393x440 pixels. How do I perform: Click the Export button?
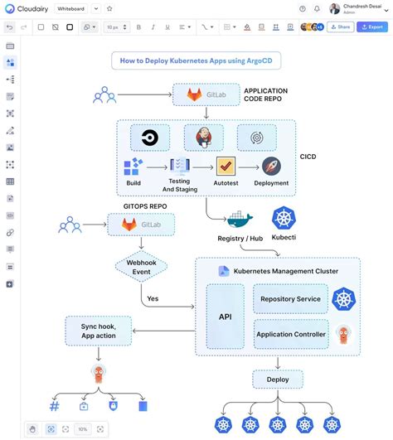[x=371, y=27]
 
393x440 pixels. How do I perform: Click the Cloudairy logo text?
[x=30, y=8]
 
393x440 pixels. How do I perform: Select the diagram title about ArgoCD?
[x=196, y=60]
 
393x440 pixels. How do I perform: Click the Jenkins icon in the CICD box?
[x=203, y=137]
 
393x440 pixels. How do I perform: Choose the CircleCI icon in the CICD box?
[x=150, y=137]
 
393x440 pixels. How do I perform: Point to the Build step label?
[x=133, y=183]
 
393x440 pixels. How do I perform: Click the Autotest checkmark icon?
[x=226, y=167]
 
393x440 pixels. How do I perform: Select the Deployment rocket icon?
[x=271, y=167]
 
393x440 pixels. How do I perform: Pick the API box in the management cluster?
[x=224, y=315]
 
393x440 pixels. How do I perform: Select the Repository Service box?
[x=290, y=298]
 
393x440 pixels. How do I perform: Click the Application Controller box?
[x=290, y=334]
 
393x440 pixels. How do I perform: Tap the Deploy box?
[x=277, y=380]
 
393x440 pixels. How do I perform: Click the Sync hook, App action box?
[x=99, y=331]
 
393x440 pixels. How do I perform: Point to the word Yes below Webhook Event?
[x=152, y=298]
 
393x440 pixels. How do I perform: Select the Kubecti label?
[x=284, y=239]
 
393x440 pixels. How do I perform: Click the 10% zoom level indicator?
[x=82, y=429]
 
